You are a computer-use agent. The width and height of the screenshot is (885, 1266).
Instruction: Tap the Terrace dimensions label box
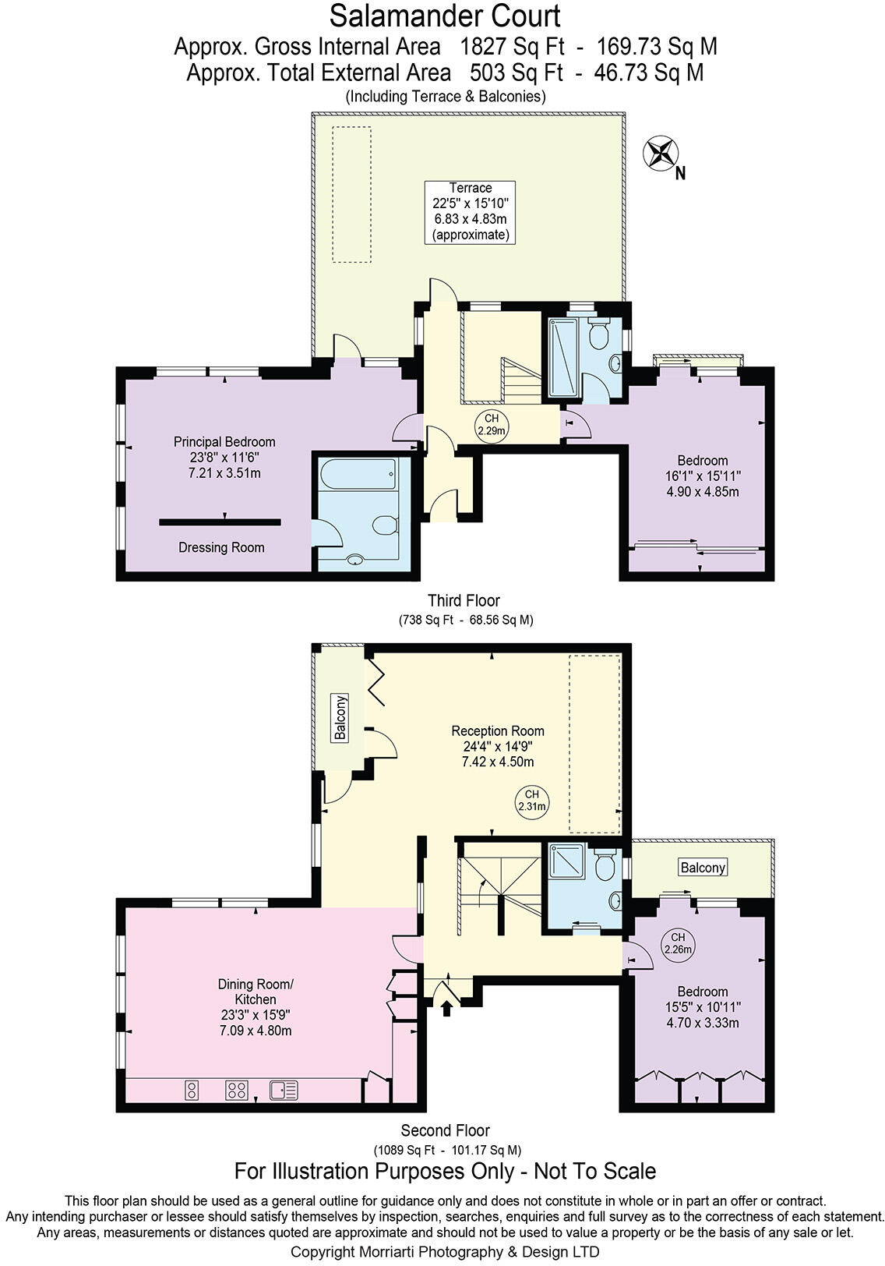pos(470,211)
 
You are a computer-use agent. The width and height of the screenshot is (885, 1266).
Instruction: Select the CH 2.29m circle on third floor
pos(492,425)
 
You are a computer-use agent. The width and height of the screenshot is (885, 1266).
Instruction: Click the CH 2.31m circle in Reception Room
pos(532,801)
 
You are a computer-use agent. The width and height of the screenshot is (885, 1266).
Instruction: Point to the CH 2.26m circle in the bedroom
pos(677,943)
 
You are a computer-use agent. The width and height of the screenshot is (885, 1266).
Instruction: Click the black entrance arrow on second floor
pos(446,1010)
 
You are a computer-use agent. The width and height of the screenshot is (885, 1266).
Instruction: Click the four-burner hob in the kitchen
pos(237,1090)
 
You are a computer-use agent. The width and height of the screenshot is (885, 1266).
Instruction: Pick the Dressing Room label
pos(221,547)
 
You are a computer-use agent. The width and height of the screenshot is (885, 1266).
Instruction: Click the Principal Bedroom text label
pos(224,442)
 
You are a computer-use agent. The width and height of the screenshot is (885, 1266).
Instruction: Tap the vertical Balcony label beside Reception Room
pos(340,717)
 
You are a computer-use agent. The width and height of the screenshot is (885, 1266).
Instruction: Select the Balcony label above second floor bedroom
pos(703,867)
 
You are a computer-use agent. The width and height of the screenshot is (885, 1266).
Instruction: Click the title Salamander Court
pos(445,16)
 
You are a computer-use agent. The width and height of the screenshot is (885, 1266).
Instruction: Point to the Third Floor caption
pos(464,600)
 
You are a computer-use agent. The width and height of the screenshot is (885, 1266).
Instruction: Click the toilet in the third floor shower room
pos(598,335)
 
